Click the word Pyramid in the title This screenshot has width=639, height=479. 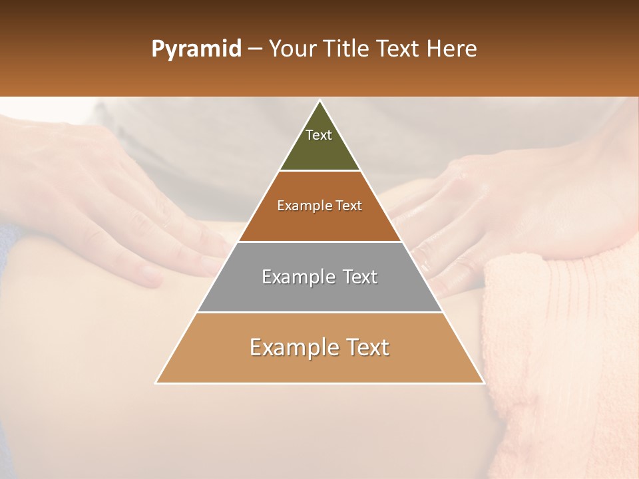[x=196, y=49]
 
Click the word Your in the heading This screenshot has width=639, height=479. [x=292, y=49]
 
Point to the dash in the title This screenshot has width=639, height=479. [x=254, y=49]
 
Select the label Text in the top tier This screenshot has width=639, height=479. [x=319, y=135]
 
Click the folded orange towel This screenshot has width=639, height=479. [x=559, y=346]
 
